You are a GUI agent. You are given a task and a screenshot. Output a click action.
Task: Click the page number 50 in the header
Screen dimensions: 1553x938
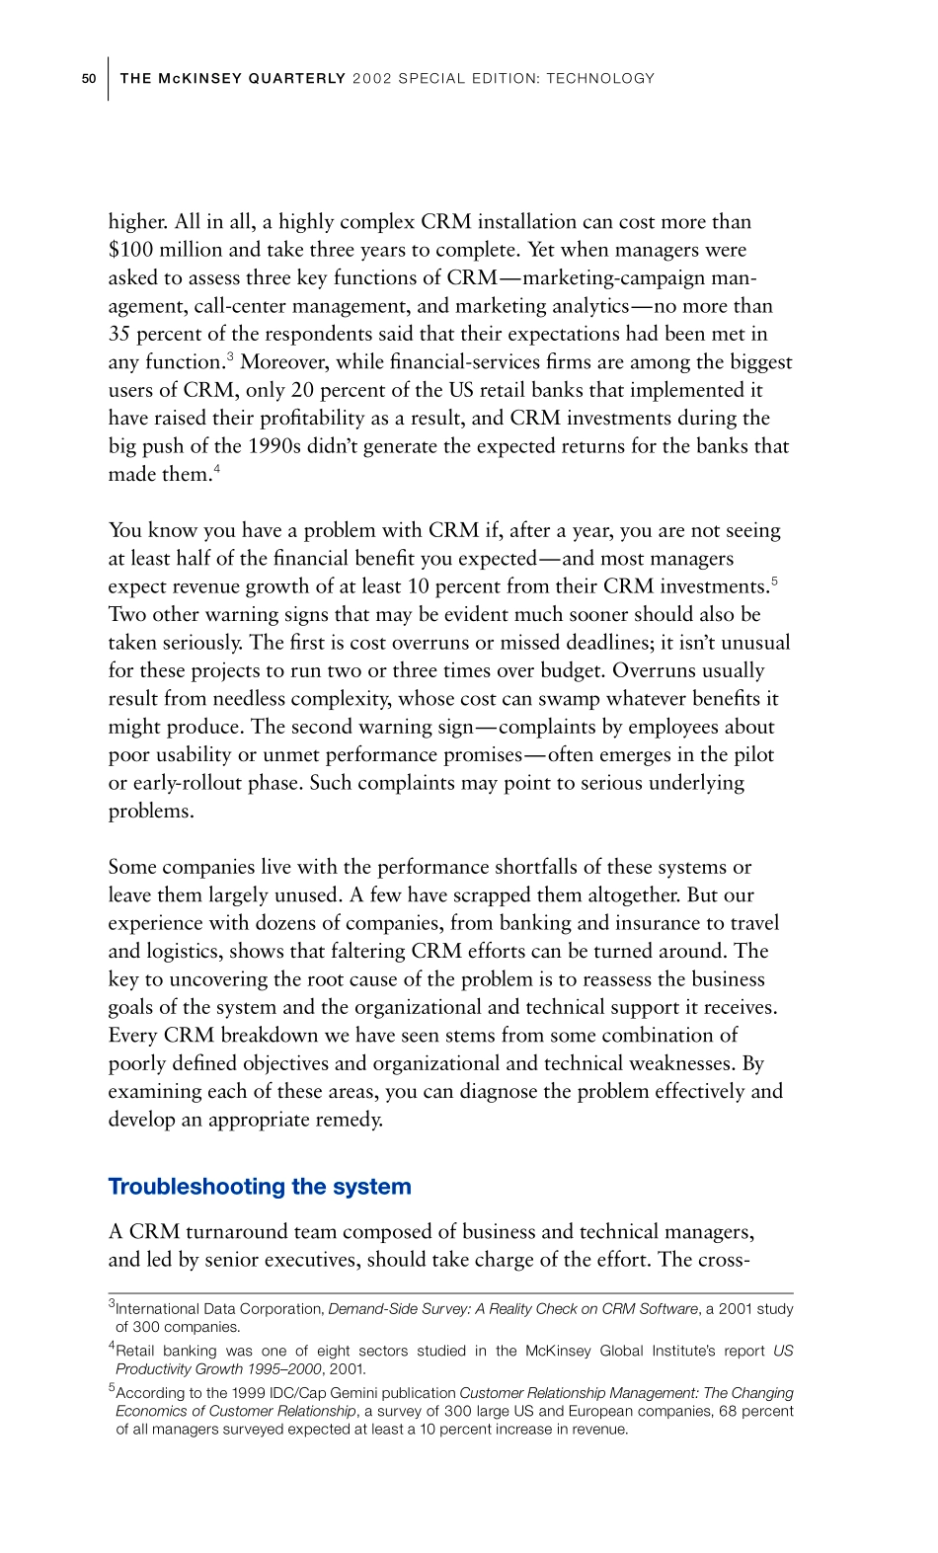88,79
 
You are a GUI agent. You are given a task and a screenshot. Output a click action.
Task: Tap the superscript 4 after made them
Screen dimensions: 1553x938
217,469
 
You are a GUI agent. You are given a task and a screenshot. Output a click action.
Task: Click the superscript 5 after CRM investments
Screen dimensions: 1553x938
774,581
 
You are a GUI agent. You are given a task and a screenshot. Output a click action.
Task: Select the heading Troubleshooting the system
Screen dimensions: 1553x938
259,1187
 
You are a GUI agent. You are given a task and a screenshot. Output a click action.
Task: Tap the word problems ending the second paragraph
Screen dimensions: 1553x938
151,812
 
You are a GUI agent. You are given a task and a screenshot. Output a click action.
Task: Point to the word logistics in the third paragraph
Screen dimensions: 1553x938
184,952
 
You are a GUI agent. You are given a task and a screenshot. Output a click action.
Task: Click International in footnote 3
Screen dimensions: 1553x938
155,1309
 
